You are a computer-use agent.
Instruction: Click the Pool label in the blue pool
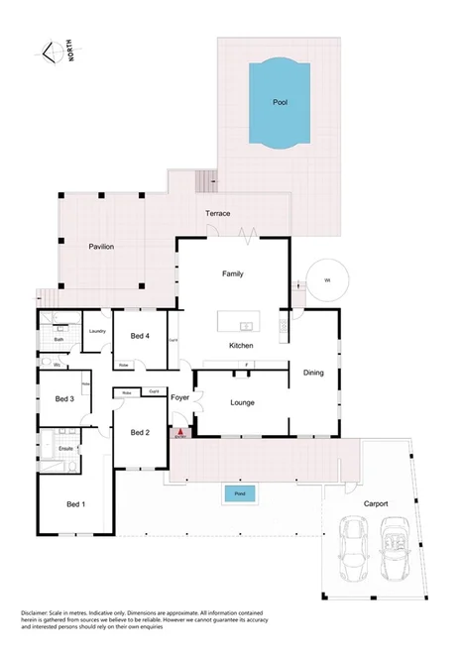281,102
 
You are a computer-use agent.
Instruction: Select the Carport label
374,503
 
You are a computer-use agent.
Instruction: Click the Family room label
233,273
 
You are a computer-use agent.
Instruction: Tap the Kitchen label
241,346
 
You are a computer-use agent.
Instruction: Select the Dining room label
312,373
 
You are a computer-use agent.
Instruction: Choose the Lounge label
243,402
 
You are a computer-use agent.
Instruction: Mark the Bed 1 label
75,504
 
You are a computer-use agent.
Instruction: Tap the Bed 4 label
140,336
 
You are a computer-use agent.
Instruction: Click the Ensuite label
66,449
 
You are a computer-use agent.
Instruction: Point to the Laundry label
97,331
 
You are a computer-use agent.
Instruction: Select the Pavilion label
101,246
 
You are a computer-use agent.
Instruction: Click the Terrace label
217,214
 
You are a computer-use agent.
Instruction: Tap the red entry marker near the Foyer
179,432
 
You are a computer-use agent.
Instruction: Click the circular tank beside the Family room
327,280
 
